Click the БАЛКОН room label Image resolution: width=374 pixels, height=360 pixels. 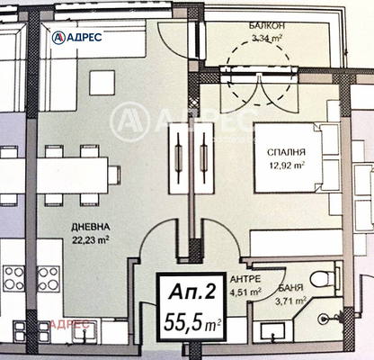(x=267, y=26)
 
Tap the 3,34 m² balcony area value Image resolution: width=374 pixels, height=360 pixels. (x=266, y=38)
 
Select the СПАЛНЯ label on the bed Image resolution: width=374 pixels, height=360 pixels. (x=286, y=152)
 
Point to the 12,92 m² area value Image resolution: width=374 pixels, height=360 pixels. (x=286, y=165)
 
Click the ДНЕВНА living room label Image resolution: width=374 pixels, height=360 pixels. (x=91, y=227)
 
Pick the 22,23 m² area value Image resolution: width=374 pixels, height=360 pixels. (x=91, y=240)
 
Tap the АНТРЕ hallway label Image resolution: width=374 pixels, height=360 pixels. (x=245, y=279)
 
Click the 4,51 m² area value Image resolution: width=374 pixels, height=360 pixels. (x=245, y=292)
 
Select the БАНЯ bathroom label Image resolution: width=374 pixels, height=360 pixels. (x=290, y=289)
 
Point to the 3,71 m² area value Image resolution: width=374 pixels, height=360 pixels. (x=290, y=301)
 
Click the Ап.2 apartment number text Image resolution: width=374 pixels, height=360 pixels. (x=192, y=291)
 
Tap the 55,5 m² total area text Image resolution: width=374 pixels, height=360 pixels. (x=192, y=321)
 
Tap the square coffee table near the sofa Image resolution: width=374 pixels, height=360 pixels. (x=102, y=83)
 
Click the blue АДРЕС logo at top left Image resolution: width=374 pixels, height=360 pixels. (x=76, y=37)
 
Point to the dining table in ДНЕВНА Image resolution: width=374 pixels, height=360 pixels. (x=72, y=175)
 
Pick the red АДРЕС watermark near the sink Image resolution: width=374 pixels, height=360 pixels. (x=71, y=324)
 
